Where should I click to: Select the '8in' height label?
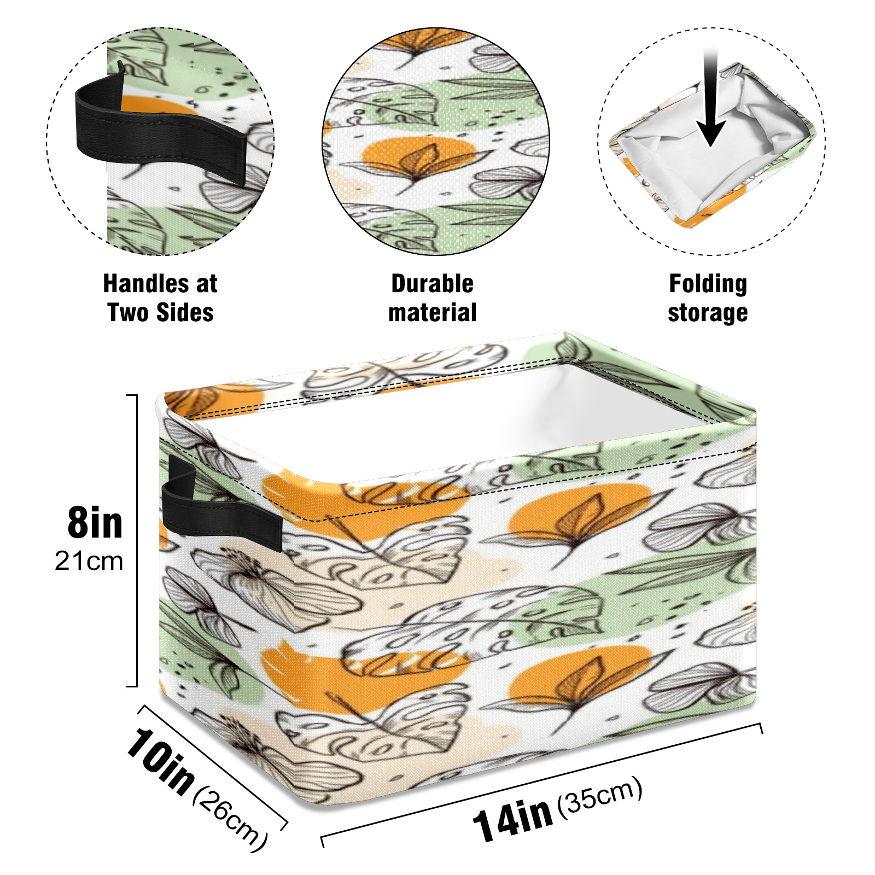pyautogui.click(x=95, y=523)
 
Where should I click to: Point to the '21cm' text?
pyautogui.click(x=89, y=561)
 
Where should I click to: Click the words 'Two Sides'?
pyautogui.click(x=160, y=312)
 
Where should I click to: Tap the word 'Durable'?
pyautogui.click(x=432, y=284)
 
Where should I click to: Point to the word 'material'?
pyautogui.click(x=432, y=312)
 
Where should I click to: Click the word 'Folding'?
pyautogui.click(x=708, y=284)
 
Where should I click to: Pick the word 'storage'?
pyautogui.click(x=708, y=312)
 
